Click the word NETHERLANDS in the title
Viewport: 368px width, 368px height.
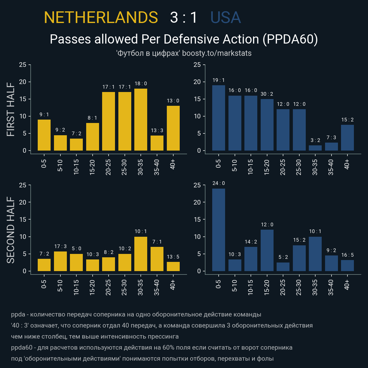pos(101,17)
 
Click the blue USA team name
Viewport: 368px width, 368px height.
pos(225,17)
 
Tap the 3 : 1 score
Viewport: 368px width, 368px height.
pos(184,17)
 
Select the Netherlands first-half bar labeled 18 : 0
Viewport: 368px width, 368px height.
pos(141,120)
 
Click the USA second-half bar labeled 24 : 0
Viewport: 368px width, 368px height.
pos(218,230)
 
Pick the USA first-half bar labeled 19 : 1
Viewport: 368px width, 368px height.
pos(218,118)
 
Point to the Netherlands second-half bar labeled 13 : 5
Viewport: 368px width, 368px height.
pos(173,266)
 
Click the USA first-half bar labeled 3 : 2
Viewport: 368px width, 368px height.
pos(315,148)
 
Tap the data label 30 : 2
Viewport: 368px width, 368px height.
pos(266,94)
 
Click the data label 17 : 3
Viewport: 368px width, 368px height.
pos(60,246)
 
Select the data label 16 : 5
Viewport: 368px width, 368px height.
pos(347,255)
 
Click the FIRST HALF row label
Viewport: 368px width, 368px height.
pos(11,109)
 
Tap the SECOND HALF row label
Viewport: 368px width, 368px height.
pos(11,230)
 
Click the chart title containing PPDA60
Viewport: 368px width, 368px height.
pos(184,39)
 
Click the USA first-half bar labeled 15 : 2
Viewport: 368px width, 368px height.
pos(347,138)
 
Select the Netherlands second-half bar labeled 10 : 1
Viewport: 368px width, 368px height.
pos(141,254)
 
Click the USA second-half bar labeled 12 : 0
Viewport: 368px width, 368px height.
pos(267,251)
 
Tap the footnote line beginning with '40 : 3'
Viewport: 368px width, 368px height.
pos(162,325)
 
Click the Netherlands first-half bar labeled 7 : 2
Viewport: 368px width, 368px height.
pos(76,145)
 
